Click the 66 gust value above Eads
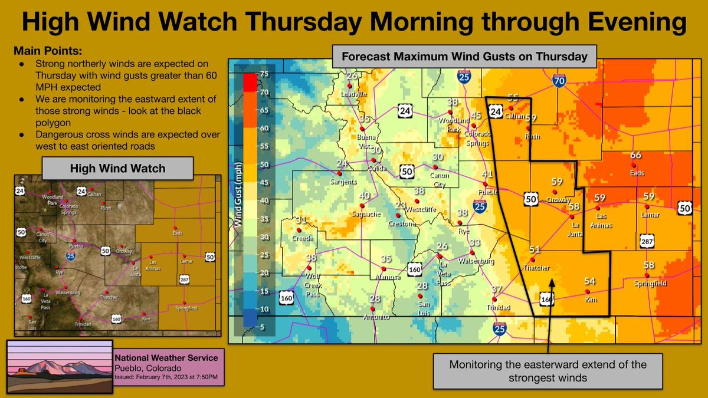pos(635,156)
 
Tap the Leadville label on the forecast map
pos(353,94)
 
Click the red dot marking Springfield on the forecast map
pos(648,275)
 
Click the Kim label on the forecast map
pos(590,300)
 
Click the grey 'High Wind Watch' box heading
pos(118,169)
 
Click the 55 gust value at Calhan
pos(513,98)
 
